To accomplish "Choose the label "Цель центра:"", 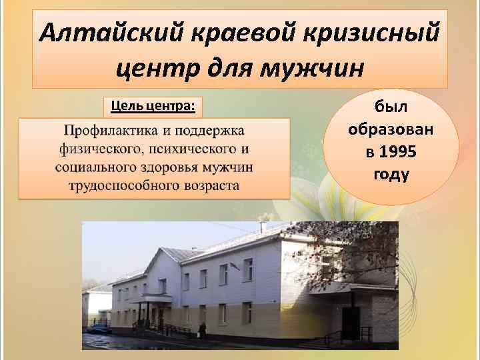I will tap(153, 106).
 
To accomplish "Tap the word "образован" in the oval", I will tap(391, 129).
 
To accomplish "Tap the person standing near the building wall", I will tap(203, 329).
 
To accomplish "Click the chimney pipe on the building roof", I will tap(263, 227).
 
